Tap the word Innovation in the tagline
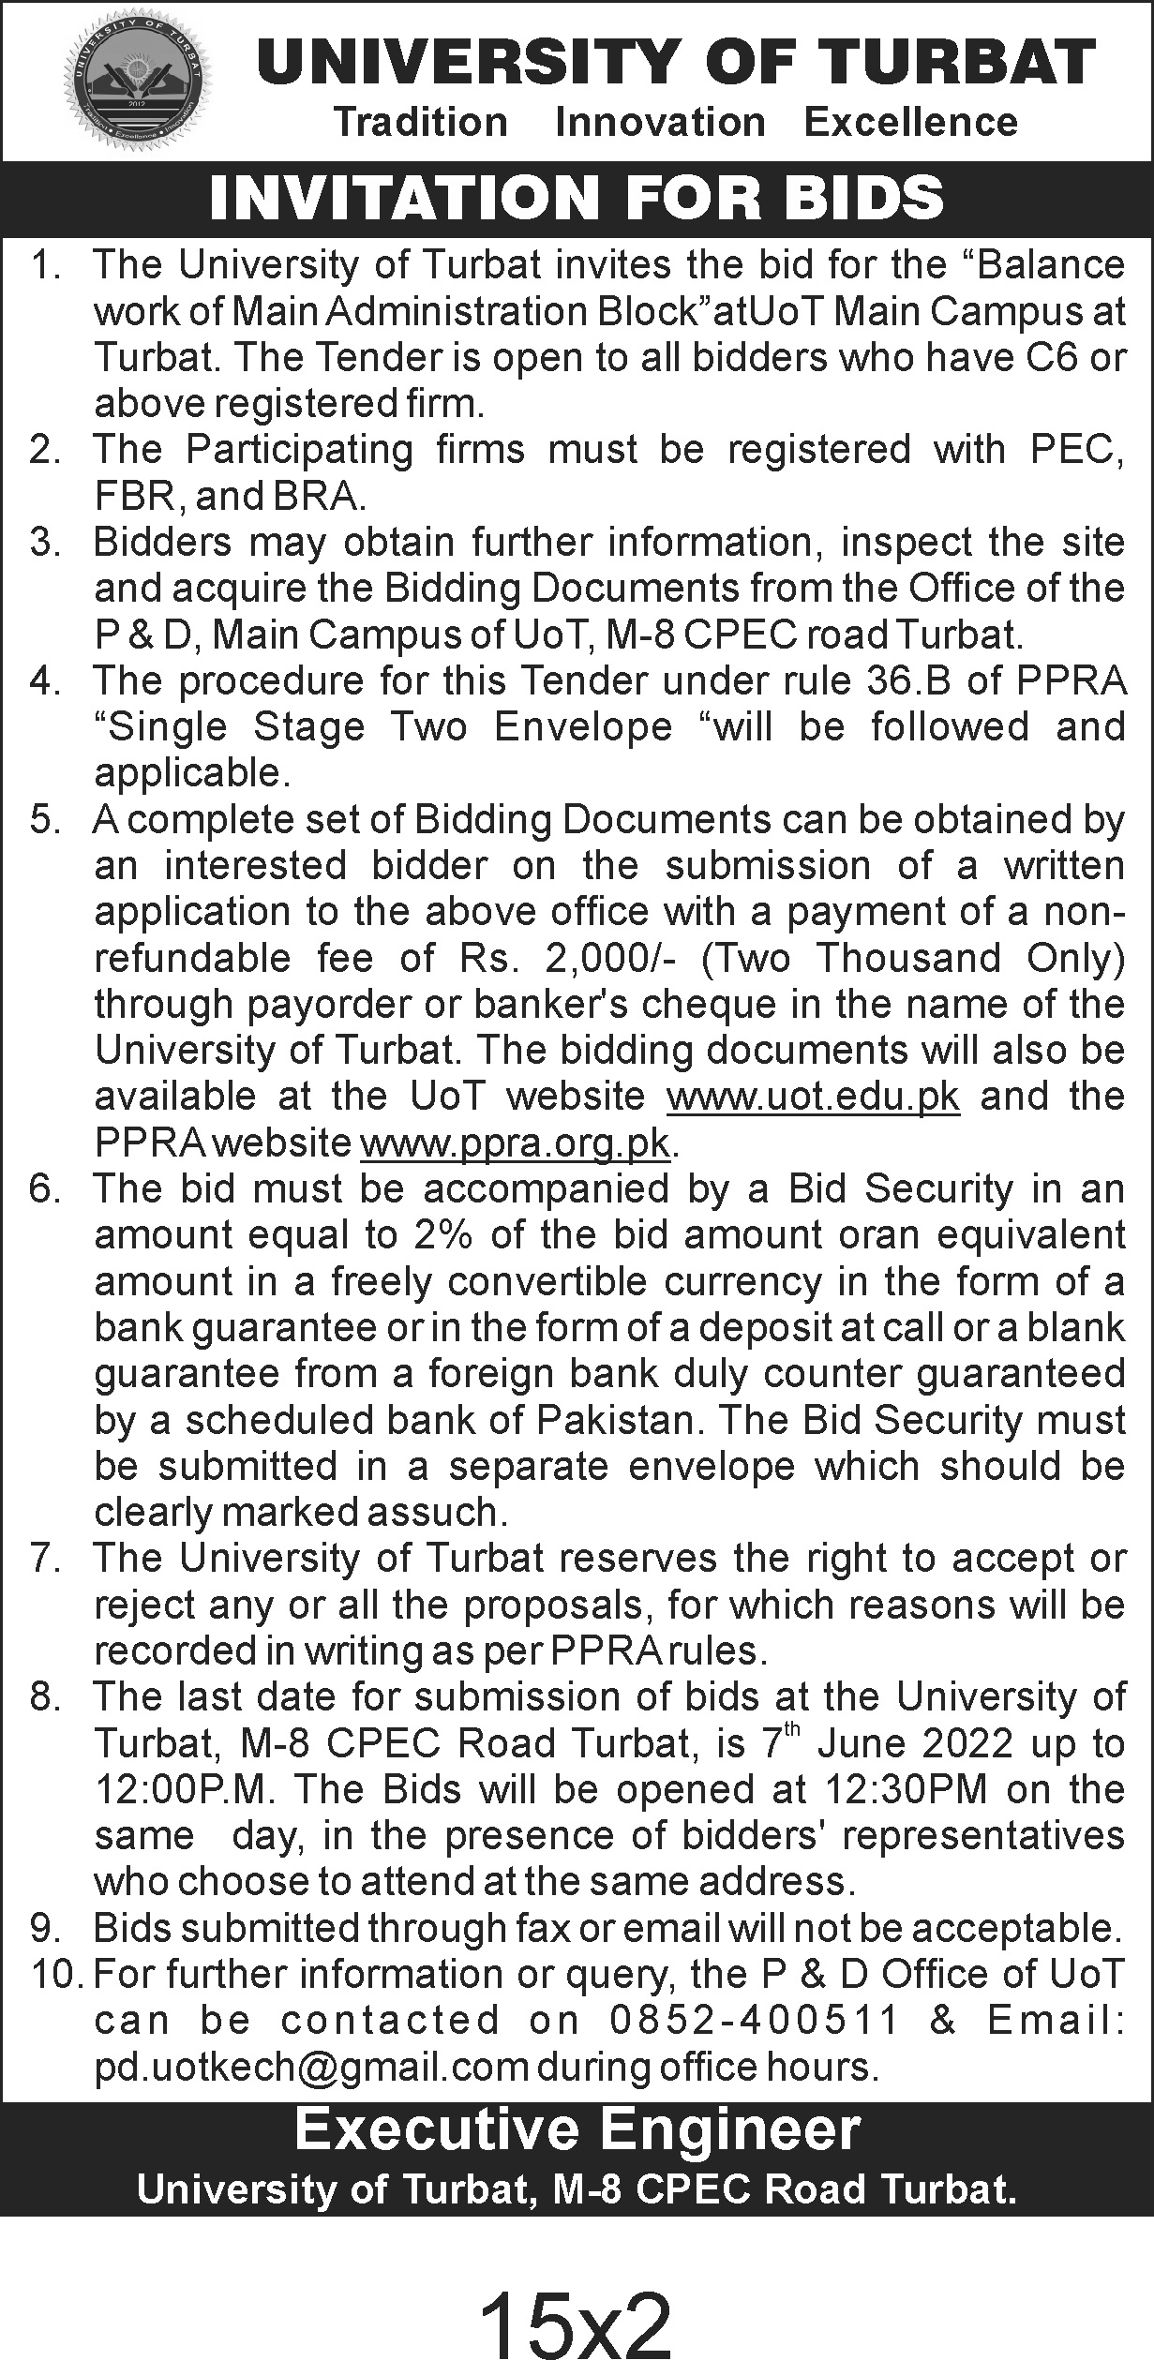660,123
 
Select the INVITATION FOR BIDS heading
577,199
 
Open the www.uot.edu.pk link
813,1097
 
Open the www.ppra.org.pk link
515,1143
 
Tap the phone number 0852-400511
756,2021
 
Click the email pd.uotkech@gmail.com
311,2067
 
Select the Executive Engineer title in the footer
577,2122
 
